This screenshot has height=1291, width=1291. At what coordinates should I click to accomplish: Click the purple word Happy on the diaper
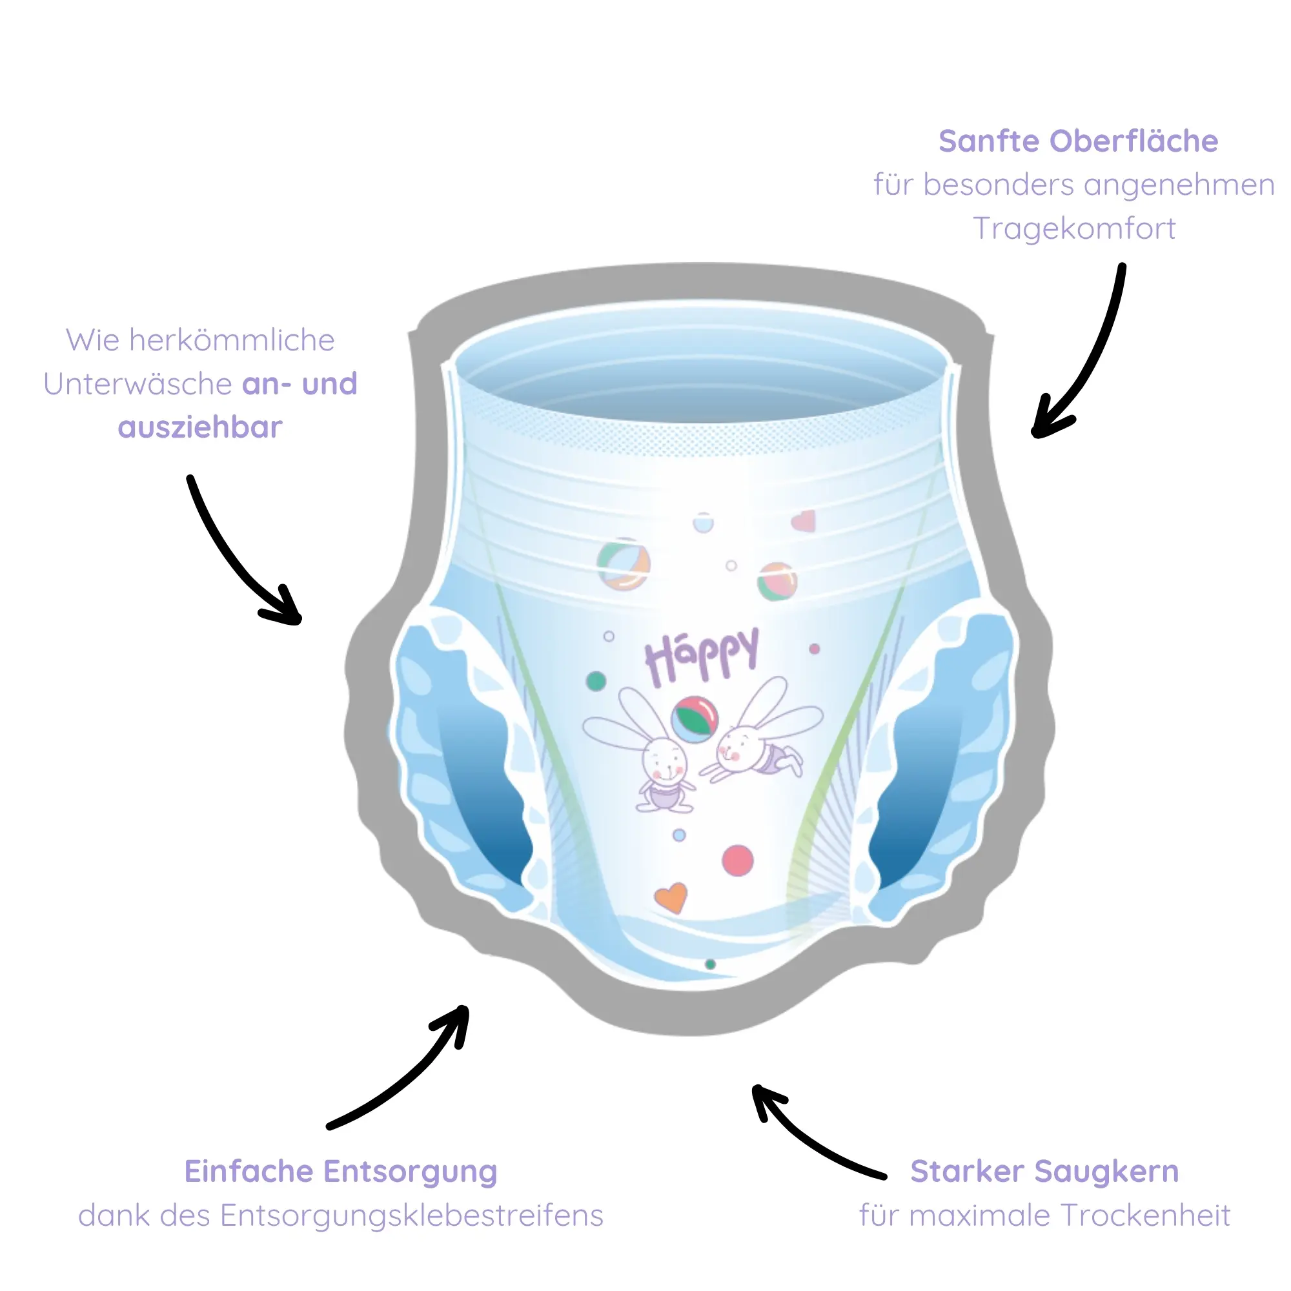(x=701, y=655)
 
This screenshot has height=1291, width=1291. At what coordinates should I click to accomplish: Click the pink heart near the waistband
(x=804, y=521)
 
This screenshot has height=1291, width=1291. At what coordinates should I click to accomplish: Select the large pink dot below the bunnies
(x=738, y=860)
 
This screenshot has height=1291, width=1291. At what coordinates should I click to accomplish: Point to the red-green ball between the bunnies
(x=695, y=720)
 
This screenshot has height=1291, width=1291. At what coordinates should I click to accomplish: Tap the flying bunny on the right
(x=762, y=742)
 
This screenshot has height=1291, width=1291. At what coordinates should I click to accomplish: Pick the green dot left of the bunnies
(x=595, y=681)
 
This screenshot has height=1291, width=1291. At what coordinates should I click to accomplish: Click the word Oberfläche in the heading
(x=1134, y=141)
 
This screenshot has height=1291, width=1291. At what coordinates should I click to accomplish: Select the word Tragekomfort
(x=1074, y=229)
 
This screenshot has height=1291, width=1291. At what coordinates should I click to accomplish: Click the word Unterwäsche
(x=137, y=384)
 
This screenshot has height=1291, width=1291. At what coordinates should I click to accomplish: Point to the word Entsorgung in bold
(x=411, y=1172)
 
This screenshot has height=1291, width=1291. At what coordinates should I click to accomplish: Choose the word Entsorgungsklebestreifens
(x=412, y=1215)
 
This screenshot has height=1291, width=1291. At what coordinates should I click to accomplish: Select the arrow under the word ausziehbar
(x=234, y=554)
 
